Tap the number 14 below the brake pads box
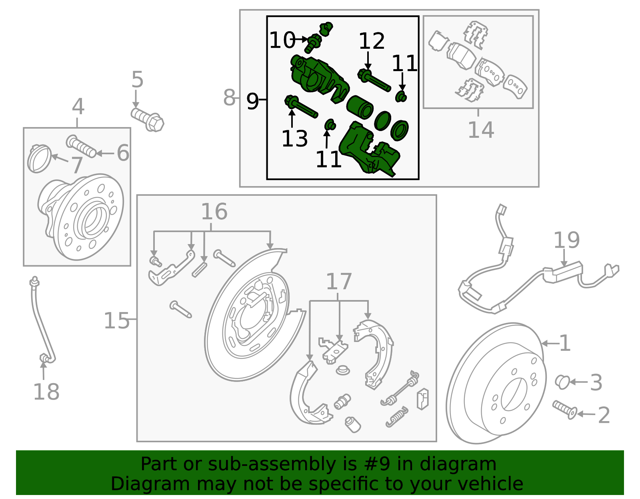pyautogui.click(x=481, y=130)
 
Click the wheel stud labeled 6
pyautogui.click(x=82, y=147)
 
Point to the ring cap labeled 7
pyautogui.click(x=39, y=158)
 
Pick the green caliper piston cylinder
pyautogui.click(x=360, y=107)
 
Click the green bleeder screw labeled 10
pyautogui.click(x=313, y=44)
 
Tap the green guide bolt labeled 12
pyautogui.click(x=374, y=81)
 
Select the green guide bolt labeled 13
pyautogui.click(x=301, y=107)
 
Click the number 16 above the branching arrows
pyautogui.click(x=214, y=211)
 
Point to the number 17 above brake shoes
pyautogui.click(x=338, y=282)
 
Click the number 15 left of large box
pyautogui.click(x=116, y=320)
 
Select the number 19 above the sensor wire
pyautogui.click(x=566, y=240)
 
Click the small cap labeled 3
pyautogui.click(x=562, y=382)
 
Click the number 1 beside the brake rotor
pyautogui.click(x=564, y=343)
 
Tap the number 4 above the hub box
pyautogui.click(x=78, y=107)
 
